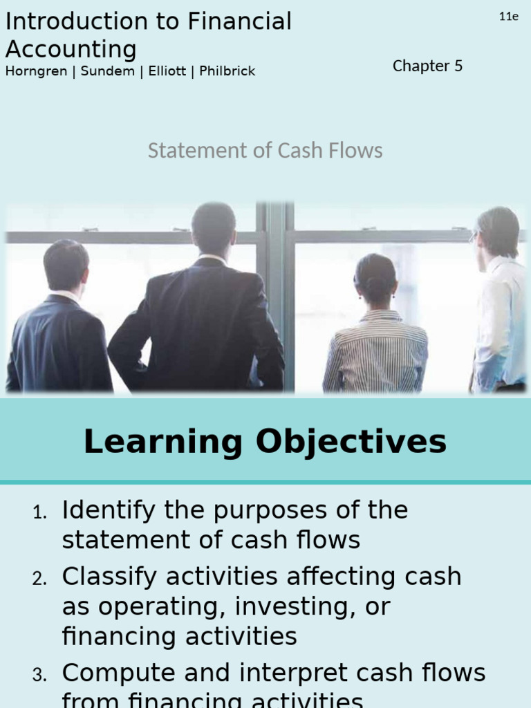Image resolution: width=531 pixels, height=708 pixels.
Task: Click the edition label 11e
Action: tap(508, 17)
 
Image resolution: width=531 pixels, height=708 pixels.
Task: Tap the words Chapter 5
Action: tap(427, 66)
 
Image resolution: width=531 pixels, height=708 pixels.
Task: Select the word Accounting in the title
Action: tap(71, 49)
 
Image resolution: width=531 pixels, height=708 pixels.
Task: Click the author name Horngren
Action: tap(35, 71)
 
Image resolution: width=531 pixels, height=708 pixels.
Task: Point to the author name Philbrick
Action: tap(227, 71)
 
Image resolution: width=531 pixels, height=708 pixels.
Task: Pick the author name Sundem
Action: tap(107, 71)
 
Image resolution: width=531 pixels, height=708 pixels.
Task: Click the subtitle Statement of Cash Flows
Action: tap(265, 151)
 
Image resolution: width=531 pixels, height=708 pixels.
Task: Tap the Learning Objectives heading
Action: tap(265, 442)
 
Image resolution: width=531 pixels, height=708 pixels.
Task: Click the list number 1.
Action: tap(39, 513)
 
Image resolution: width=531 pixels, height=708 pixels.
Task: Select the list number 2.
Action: tap(39, 579)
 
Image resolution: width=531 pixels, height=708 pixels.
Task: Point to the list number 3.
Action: tap(39, 676)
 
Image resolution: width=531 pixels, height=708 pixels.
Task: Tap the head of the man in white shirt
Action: tap(496, 232)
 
